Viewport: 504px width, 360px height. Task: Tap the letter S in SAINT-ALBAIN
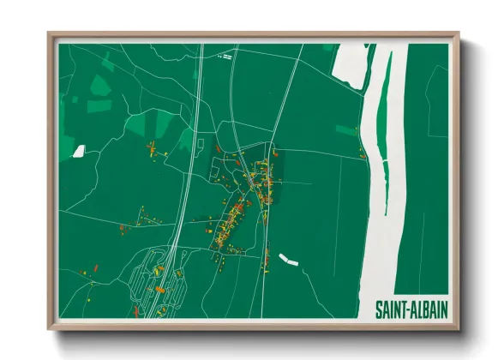click(x=380, y=308)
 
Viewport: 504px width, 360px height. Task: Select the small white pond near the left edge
click(x=79, y=151)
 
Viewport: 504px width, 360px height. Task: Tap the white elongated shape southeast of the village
click(x=287, y=258)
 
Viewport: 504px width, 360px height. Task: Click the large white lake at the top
click(x=351, y=69)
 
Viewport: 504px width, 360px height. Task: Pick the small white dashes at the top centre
click(x=226, y=57)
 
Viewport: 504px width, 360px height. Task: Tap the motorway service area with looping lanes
click(x=159, y=279)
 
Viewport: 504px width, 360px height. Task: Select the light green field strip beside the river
click(x=347, y=130)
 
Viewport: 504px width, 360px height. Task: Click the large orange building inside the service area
click(x=159, y=271)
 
